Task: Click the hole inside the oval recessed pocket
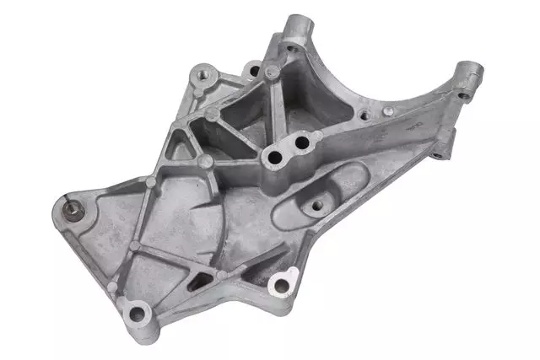click(320, 203)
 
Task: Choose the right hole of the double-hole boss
click(297, 144)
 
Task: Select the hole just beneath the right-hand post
click(462, 95)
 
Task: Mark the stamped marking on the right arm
click(413, 126)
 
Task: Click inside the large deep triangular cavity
click(245, 118)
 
